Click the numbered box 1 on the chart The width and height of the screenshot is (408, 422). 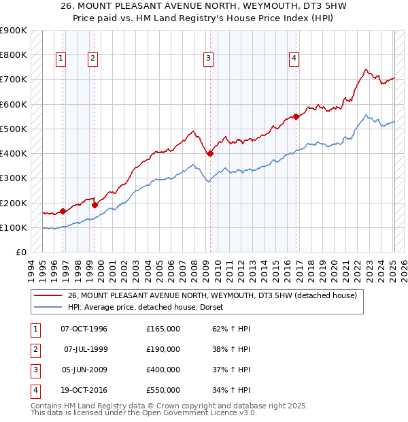pyautogui.click(x=61, y=59)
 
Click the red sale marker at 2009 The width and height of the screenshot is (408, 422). pyautogui.click(x=210, y=154)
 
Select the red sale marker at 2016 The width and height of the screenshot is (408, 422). pyautogui.click(x=296, y=116)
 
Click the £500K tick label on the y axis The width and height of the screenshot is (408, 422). pyautogui.click(x=13, y=129)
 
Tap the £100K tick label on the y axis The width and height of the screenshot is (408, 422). pyautogui.click(x=13, y=227)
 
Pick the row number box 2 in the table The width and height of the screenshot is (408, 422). pyautogui.click(x=34, y=350)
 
